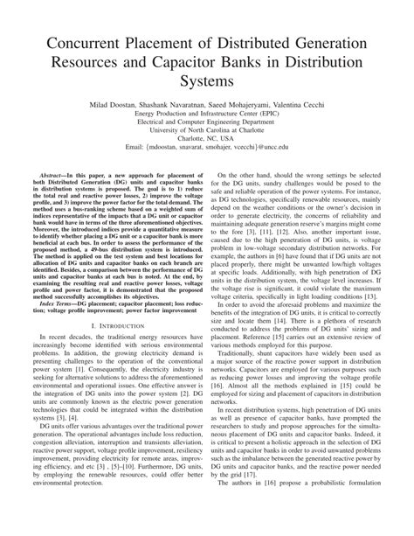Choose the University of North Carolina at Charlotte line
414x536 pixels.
207,129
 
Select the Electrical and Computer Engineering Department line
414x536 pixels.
207,122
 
